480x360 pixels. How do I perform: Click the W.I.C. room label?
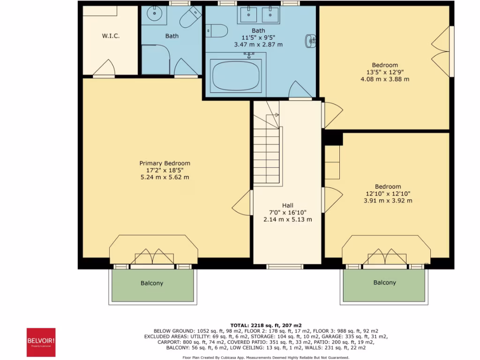pyautogui.click(x=111, y=36)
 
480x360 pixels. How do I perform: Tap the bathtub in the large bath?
pyautogui.click(x=236, y=77)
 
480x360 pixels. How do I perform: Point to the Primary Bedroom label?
pyautogui.click(x=165, y=163)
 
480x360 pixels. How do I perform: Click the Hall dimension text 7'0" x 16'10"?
pyautogui.click(x=287, y=212)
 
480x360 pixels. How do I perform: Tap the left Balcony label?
pyautogui.click(x=152, y=283)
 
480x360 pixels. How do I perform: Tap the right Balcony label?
pyautogui.click(x=384, y=283)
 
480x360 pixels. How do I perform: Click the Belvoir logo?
pyautogui.click(x=41, y=342)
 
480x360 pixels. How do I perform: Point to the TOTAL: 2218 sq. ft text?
pyautogui.click(x=265, y=325)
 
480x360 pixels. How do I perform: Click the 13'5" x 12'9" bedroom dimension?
pyautogui.click(x=385, y=72)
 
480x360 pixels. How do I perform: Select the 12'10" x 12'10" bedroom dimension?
pyautogui.click(x=388, y=194)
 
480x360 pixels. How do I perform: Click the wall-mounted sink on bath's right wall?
pyautogui.click(x=311, y=41)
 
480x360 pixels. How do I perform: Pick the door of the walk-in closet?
pyautogui.click(x=104, y=69)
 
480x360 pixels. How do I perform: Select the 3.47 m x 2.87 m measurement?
pyautogui.click(x=258, y=45)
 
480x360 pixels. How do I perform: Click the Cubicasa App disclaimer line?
pyautogui.click(x=265, y=357)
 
